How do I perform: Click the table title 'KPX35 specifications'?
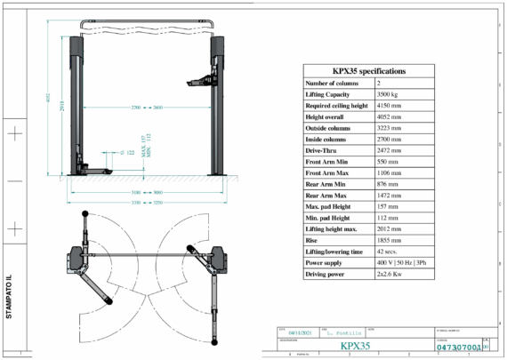coord(369,69)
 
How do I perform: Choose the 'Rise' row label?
coord(316,240)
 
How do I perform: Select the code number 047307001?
coord(459,348)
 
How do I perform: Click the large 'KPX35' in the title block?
coord(355,347)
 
